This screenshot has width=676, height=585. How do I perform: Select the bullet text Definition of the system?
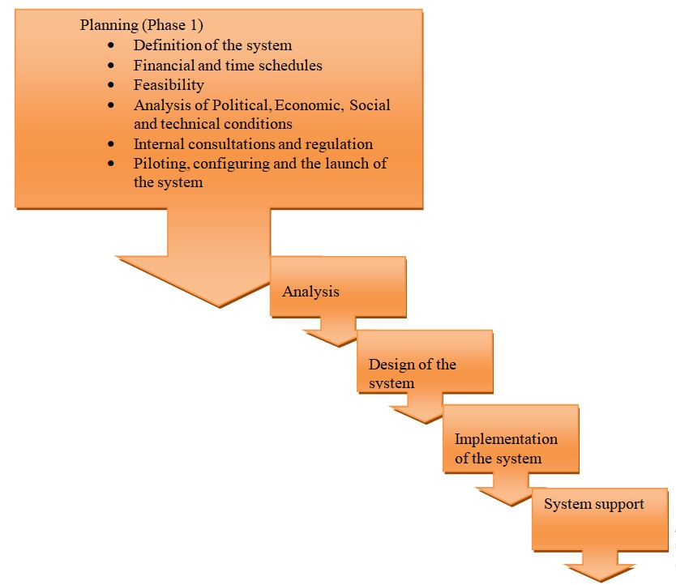coord(212,45)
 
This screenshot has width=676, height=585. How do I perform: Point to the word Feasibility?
coord(169,84)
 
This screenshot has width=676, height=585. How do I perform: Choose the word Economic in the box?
coord(310,105)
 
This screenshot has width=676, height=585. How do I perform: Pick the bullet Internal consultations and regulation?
coord(253,144)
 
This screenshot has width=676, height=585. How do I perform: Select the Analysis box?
coord(336,287)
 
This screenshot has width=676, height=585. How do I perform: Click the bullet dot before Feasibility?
coord(112,85)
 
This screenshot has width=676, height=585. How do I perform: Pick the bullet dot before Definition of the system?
coord(112,46)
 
